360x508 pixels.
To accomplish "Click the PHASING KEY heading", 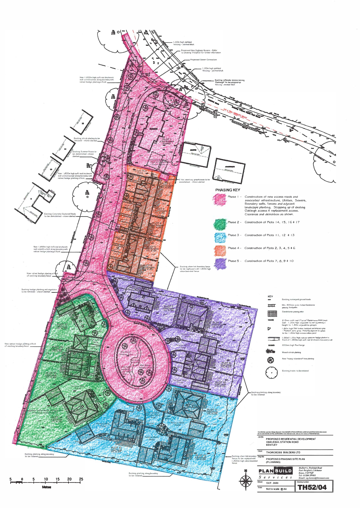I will (x=228, y=190).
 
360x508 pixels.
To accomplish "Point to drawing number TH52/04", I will (x=312, y=487).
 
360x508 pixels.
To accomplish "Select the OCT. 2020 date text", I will (x=272, y=483).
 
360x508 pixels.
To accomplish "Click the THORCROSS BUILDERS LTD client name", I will (x=283, y=452).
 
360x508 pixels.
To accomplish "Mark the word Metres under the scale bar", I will (x=47, y=487).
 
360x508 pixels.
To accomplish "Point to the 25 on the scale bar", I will (x=81, y=479).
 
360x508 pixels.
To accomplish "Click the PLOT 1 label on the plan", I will (x=167, y=140).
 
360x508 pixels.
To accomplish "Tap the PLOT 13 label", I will (x=116, y=448).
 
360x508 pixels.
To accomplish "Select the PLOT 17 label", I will (x=62, y=325).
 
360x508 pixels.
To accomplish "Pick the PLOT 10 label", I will (x=220, y=383).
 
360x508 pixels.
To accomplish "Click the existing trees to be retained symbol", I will (x=271, y=372).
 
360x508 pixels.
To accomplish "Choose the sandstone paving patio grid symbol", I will (x=272, y=313).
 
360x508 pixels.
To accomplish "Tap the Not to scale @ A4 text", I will (x=276, y=489).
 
